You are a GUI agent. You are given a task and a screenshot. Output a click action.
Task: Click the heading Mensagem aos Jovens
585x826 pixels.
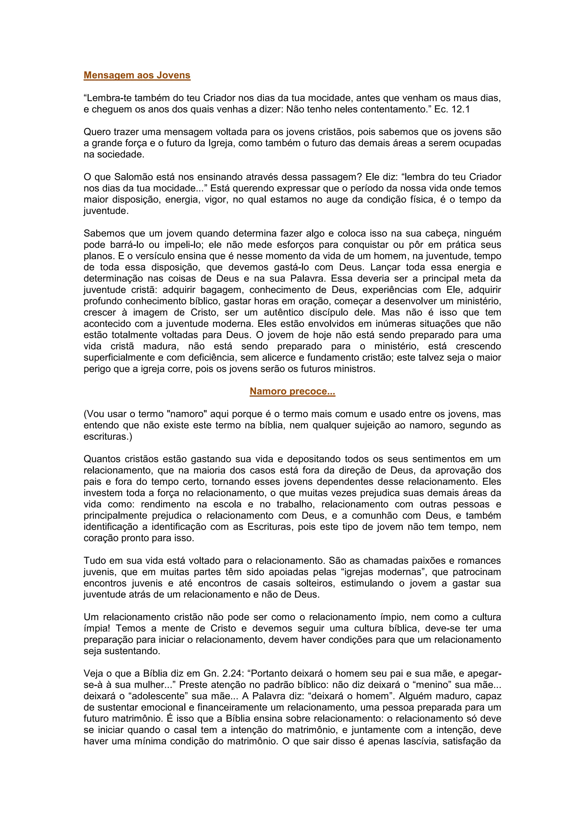coord(137,75)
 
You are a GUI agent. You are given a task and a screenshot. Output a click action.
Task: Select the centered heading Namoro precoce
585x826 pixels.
coord(292,391)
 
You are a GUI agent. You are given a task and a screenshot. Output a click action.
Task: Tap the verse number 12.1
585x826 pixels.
coord(460,109)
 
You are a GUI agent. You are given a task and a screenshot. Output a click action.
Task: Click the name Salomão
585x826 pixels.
coord(131,177)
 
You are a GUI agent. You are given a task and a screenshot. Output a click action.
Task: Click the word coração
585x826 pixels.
coord(101,538)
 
